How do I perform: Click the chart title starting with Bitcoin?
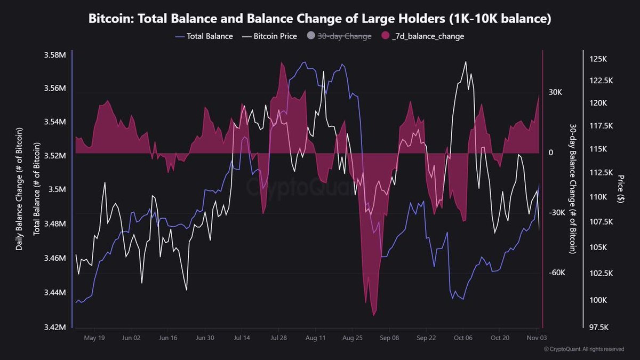(x=320, y=19)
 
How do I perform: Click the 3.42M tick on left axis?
(x=55, y=327)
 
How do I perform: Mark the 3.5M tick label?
(x=58, y=190)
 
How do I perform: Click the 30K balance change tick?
(x=555, y=92)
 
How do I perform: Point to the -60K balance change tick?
(x=557, y=273)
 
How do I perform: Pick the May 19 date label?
(x=94, y=338)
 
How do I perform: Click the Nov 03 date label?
(x=535, y=338)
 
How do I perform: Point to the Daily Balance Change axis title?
(x=19, y=189)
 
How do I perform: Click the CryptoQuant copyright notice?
(x=583, y=349)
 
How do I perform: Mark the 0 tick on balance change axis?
(x=551, y=153)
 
